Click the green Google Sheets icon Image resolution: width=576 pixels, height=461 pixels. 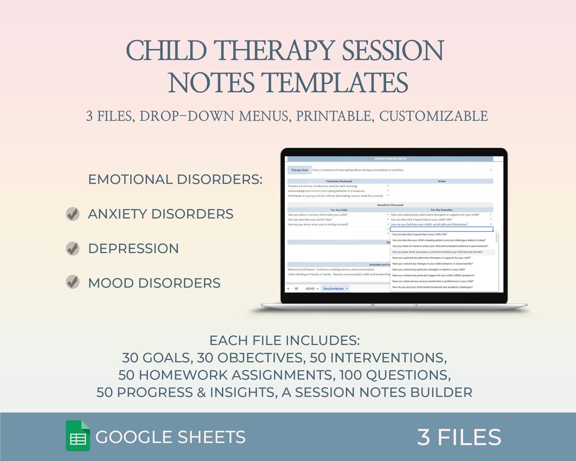click(78, 436)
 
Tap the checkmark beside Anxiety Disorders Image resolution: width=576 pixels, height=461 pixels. click(73, 214)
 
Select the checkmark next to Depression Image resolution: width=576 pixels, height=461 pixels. click(73, 248)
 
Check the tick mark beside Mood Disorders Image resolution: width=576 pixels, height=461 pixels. click(73, 282)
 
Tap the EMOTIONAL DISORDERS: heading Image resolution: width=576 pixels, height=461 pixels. click(175, 179)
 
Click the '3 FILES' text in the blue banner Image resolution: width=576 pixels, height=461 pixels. click(459, 437)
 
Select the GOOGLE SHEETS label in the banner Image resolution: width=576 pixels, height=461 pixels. click(171, 437)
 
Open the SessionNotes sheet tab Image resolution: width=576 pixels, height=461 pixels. click(334, 288)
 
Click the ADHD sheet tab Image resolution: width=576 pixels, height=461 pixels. click(310, 288)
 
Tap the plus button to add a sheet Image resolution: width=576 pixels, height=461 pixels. click(289, 288)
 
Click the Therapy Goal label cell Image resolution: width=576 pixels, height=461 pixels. click(299, 170)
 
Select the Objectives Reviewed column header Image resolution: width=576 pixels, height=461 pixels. click(339, 181)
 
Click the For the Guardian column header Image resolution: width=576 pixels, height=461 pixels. click(442, 210)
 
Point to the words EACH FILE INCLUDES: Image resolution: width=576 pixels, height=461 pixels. click(284, 340)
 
